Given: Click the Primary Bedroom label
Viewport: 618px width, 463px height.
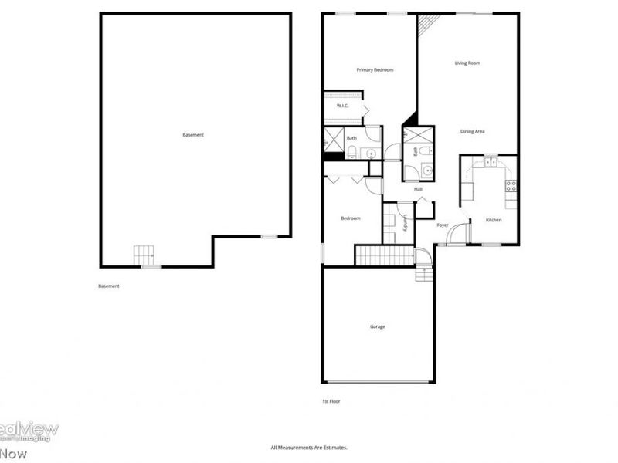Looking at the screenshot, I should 375,70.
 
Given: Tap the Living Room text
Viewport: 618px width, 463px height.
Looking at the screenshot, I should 467,63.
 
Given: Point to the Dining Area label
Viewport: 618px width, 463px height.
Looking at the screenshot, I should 472,132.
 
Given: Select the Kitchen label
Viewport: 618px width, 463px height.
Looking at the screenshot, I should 494,221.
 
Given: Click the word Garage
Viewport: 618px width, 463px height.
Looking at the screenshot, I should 377,326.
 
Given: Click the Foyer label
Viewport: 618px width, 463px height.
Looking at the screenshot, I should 443,225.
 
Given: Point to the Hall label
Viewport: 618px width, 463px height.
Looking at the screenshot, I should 418,189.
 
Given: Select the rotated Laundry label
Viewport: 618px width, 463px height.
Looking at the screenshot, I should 405,223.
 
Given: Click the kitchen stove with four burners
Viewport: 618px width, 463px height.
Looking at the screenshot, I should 511,185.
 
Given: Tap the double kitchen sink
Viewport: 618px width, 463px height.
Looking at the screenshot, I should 490,162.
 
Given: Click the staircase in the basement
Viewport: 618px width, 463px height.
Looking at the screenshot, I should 144,255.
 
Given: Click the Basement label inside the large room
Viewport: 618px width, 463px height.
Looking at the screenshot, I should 193,136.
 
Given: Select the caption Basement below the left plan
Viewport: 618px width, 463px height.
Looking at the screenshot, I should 109,286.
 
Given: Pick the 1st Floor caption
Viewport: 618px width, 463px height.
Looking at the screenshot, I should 331,401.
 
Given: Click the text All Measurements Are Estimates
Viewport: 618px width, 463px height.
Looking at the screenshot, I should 309,448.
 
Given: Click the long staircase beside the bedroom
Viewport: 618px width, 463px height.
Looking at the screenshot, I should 385,255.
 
